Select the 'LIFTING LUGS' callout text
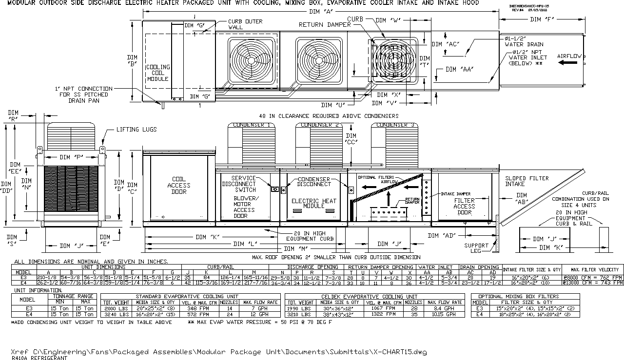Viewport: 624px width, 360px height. click(x=136, y=130)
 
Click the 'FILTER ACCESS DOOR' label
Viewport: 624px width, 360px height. click(x=464, y=207)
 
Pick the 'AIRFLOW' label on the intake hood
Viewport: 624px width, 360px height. click(x=569, y=56)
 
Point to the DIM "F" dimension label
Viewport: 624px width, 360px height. click(x=542, y=19)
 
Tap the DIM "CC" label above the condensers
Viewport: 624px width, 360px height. click(x=351, y=139)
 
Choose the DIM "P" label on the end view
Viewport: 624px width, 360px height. click(x=71, y=157)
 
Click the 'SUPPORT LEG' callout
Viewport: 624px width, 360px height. click(x=476, y=248)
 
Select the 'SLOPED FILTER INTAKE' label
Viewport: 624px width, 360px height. click(x=526, y=182)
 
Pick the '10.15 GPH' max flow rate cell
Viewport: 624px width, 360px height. click(x=445, y=314)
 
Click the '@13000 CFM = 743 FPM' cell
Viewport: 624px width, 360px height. click(x=592, y=283)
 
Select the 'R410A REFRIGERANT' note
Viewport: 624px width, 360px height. click(x=34, y=358)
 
